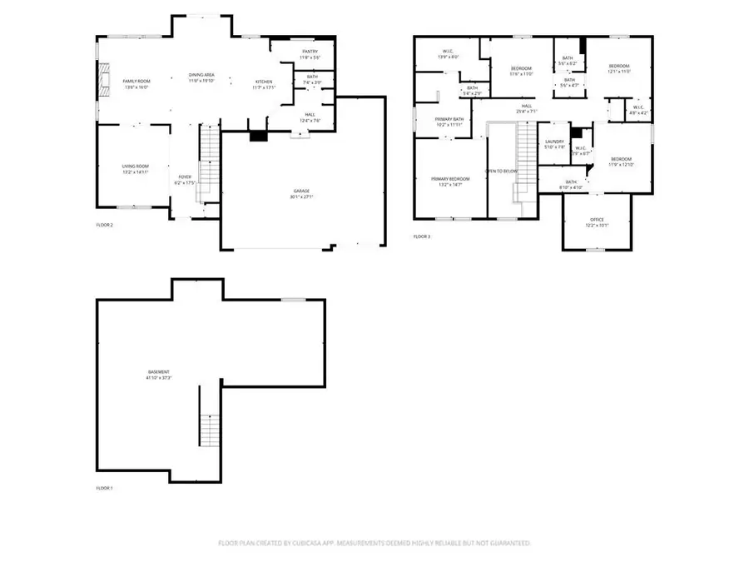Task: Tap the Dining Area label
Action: pyautogui.click(x=202, y=77)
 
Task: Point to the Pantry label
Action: pyautogui.click(x=310, y=52)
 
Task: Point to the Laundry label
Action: pyautogui.click(x=555, y=142)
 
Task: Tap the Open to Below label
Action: pyautogui.click(x=502, y=171)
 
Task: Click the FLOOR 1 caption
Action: pyautogui.click(x=104, y=487)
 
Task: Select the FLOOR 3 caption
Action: pyautogui.click(x=422, y=236)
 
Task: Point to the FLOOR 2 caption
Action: pyautogui.click(x=104, y=226)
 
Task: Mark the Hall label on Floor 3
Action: pyautogui.click(x=527, y=106)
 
